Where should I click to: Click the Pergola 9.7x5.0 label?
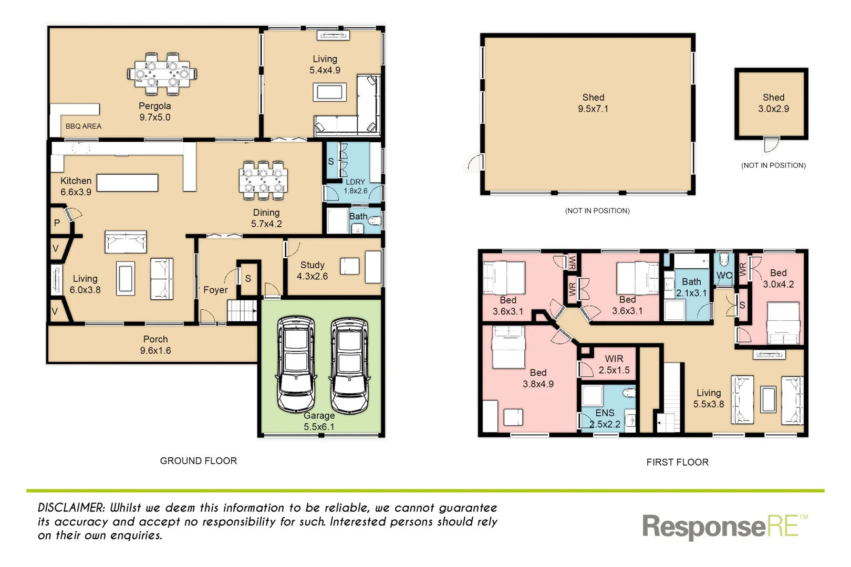coord(154,112)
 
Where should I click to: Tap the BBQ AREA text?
coord(83,127)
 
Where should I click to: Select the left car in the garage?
coord(296,363)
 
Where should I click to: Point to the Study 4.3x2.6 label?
coord(312,270)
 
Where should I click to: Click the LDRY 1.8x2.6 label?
coord(355,186)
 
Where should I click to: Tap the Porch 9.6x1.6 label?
coord(155,345)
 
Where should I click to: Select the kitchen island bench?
coord(127,183)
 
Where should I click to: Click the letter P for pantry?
coord(57,223)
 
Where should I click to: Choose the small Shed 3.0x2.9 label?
coord(773,103)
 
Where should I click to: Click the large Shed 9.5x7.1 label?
coord(593,103)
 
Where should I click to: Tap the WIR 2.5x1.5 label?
coord(614,364)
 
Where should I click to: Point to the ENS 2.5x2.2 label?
coord(605,418)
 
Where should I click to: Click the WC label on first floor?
coord(724,276)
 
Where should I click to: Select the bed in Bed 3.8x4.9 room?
coord(508,346)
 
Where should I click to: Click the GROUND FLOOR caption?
coord(198,461)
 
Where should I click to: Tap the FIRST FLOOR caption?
coord(677,463)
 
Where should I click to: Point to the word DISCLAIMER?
coord(71,508)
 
